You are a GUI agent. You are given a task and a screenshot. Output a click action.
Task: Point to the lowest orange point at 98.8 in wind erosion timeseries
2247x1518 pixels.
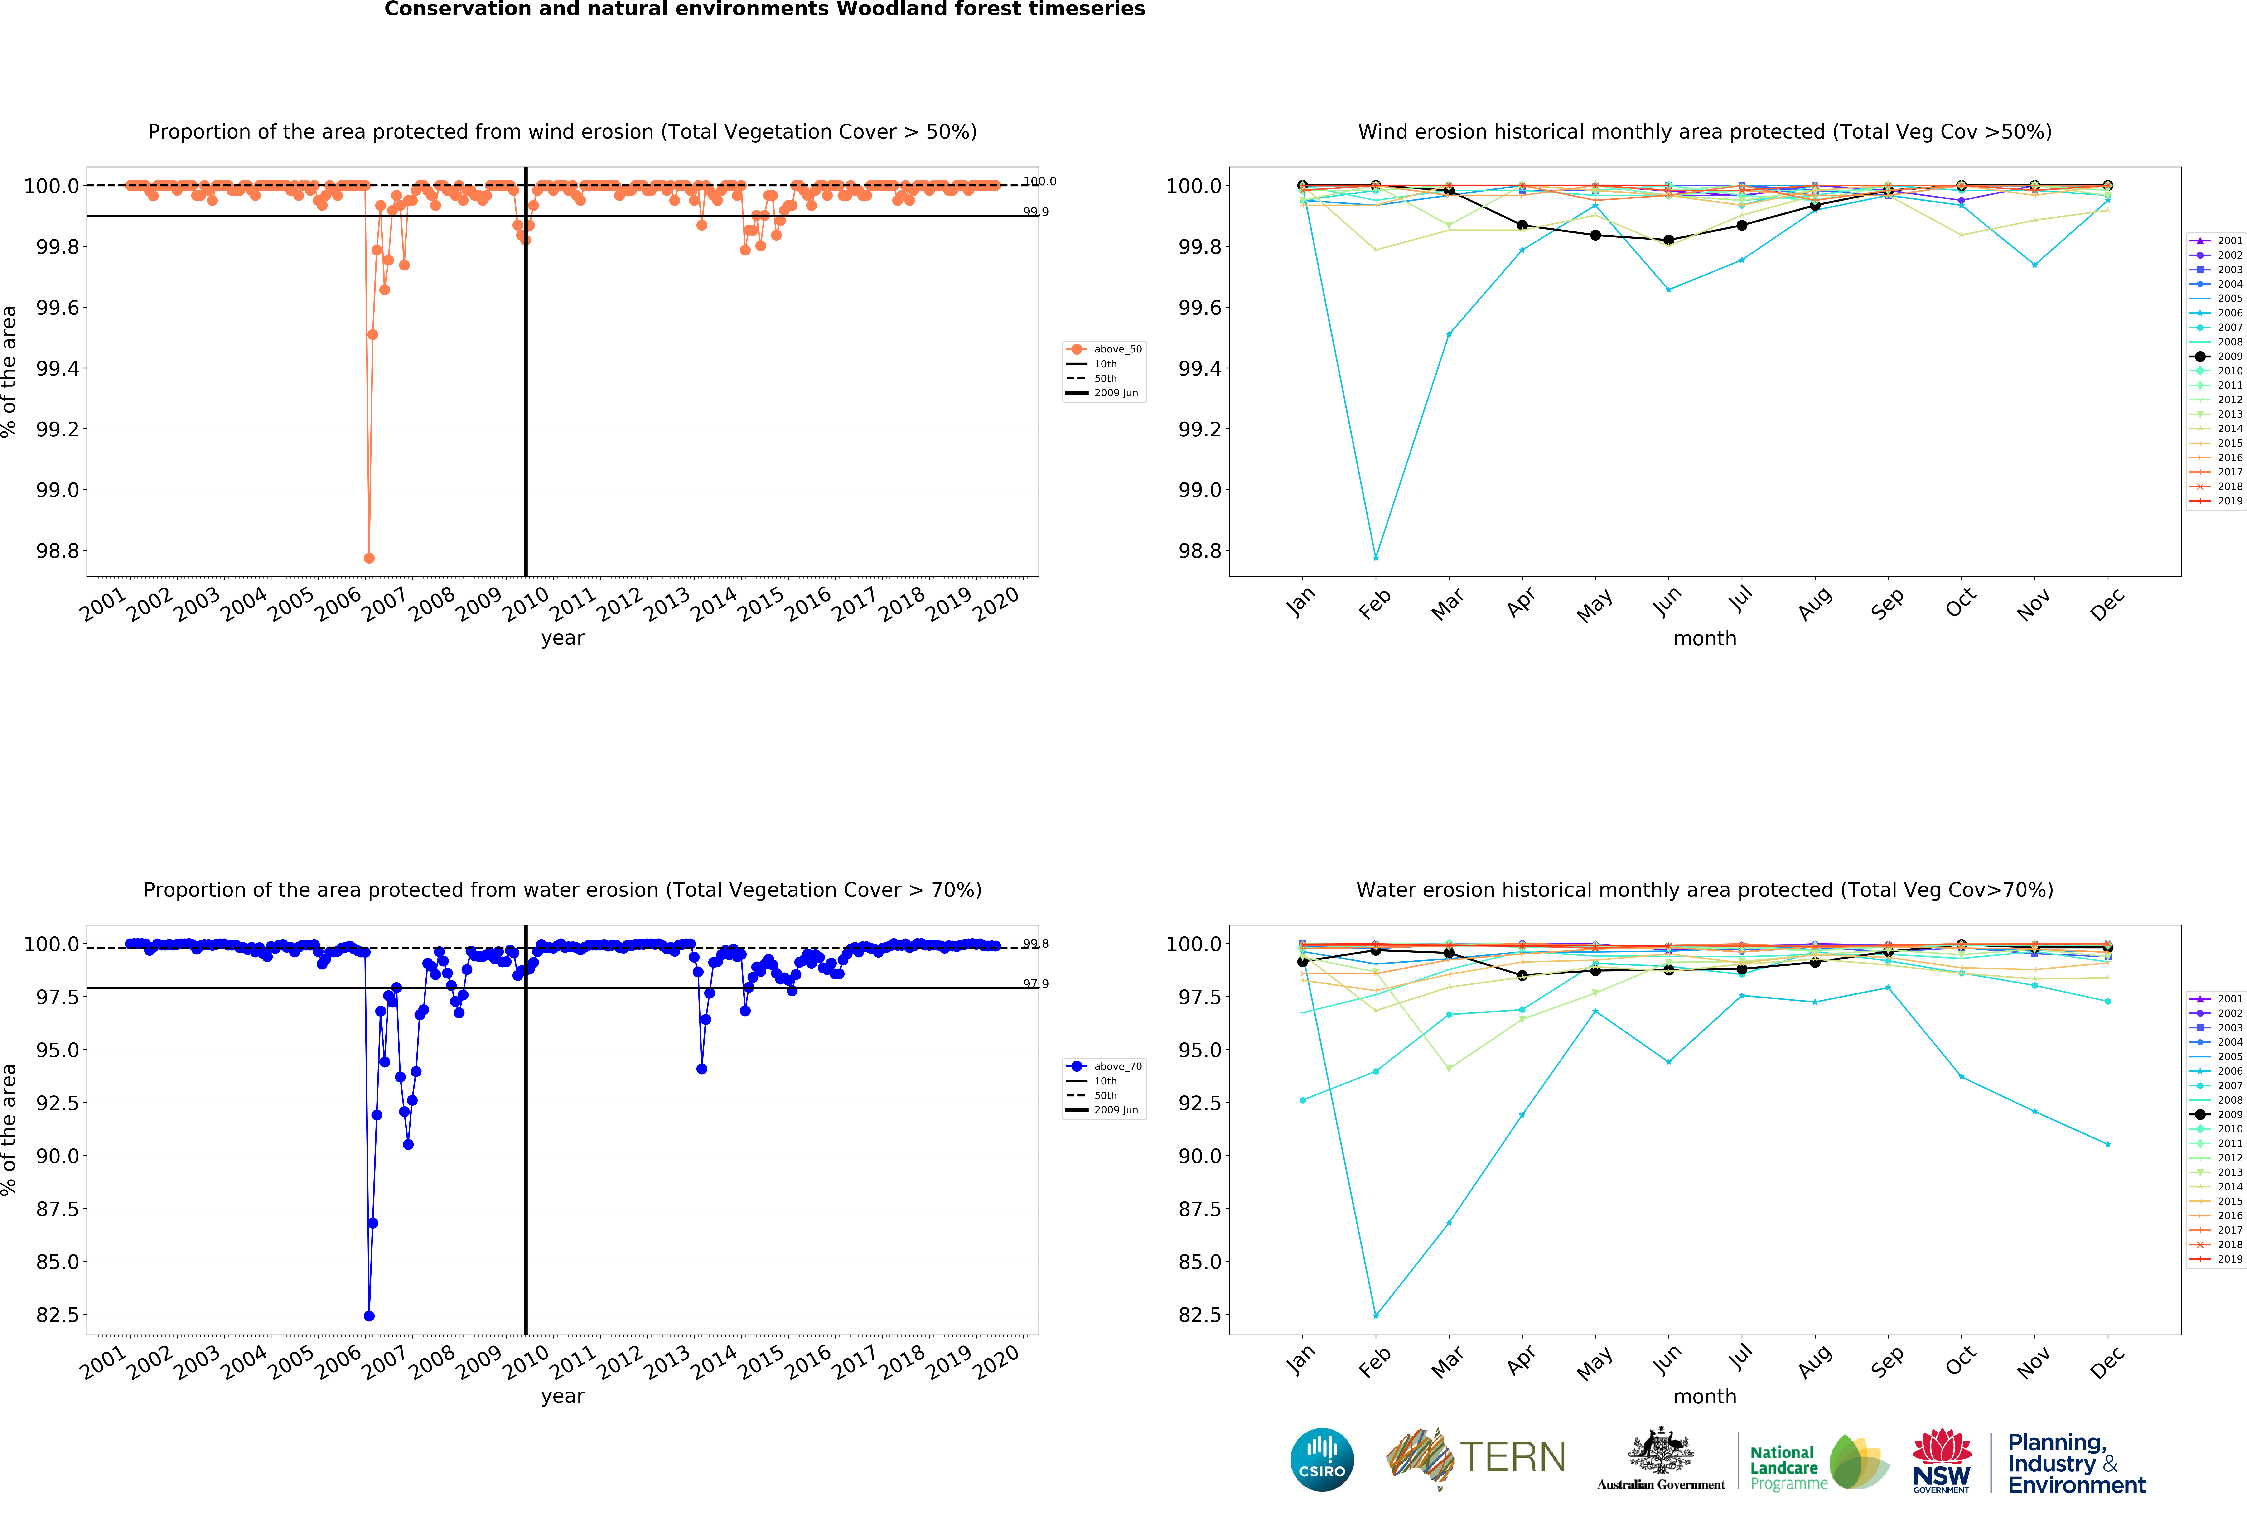368,558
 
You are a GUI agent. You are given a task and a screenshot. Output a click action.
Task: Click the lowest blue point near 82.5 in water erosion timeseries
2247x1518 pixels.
368,1316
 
